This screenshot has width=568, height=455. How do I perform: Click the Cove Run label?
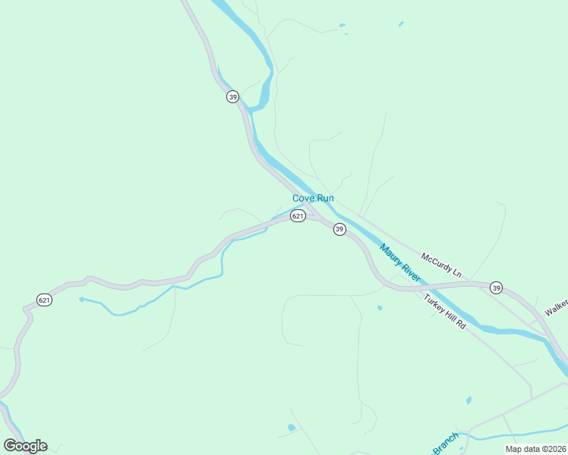tap(313, 198)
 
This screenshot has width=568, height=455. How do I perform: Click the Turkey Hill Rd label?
tap(445, 310)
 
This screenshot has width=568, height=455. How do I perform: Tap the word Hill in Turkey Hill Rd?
tap(447, 312)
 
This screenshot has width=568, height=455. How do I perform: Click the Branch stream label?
tap(446, 442)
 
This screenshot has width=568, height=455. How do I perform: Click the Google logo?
tap(25, 445)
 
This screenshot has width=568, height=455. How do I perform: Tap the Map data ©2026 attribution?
tap(535, 448)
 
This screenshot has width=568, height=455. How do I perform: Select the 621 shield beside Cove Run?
tap(298, 216)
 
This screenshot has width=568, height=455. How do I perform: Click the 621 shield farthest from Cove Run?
tap(45, 300)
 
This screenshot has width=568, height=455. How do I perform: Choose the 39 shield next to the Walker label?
tap(496, 287)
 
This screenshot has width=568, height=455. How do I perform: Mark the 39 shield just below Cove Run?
tap(339, 229)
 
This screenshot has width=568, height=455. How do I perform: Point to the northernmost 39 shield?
tap(232, 96)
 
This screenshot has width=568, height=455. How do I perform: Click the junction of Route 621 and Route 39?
tap(323, 221)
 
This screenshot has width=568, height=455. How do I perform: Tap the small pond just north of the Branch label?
tap(469, 400)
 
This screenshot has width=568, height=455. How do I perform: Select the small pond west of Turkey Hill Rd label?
tap(379, 308)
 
